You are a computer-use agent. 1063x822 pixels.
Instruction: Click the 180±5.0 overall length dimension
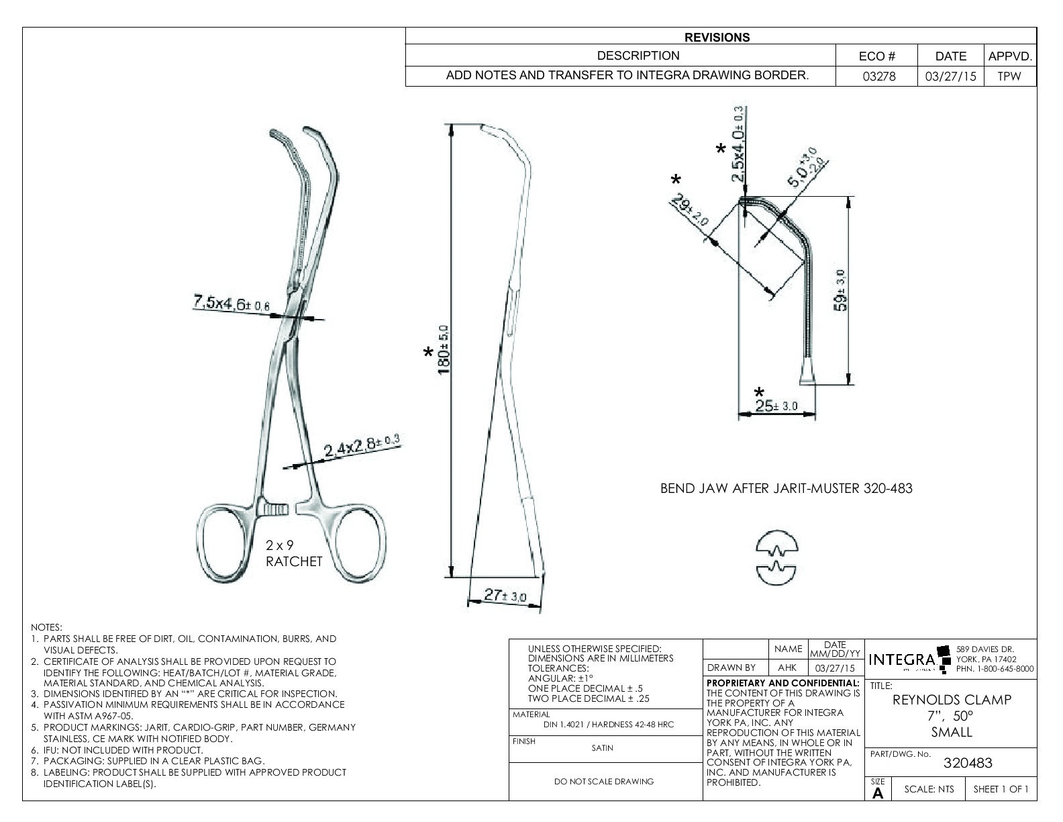click(x=443, y=349)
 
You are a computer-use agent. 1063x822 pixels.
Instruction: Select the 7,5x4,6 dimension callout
click(x=232, y=304)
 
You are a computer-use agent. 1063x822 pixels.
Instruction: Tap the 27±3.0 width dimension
click(x=505, y=594)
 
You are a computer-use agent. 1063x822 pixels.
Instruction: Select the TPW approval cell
click(x=1009, y=77)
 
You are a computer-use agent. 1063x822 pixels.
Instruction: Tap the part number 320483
click(x=967, y=763)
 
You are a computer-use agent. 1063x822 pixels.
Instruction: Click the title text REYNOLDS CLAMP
click(x=952, y=700)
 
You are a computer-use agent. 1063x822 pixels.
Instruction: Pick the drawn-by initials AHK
click(x=787, y=668)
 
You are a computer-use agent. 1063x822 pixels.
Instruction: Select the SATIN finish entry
click(x=602, y=748)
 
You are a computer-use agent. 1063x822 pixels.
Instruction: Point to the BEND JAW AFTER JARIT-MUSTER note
click(x=787, y=488)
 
